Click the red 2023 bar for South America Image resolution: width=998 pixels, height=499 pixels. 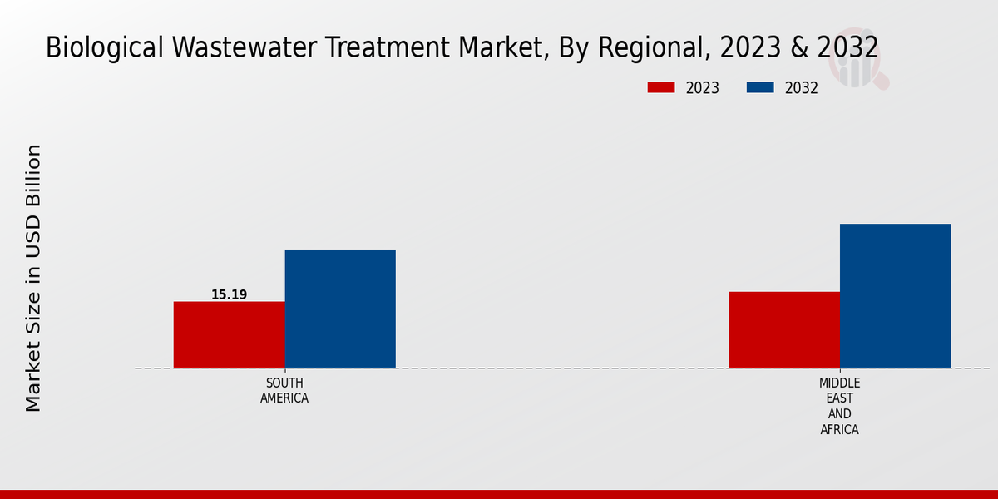pyautogui.click(x=229, y=334)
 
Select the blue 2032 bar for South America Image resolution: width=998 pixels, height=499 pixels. pyautogui.click(x=340, y=309)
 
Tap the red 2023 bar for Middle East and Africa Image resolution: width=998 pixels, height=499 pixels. pyautogui.click(x=784, y=329)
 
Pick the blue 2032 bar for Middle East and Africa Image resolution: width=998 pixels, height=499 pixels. pyautogui.click(x=895, y=295)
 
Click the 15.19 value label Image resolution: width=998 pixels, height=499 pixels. pyautogui.click(x=229, y=295)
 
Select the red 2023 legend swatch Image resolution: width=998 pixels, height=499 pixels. pyautogui.click(x=661, y=88)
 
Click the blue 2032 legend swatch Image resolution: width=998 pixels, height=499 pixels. pyautogui.click(x=760, y=88)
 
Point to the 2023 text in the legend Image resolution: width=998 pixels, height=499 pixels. pyautogui.click(x=703, y=88)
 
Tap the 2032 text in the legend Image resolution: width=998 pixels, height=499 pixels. pyautogui.click(x=802, y=88)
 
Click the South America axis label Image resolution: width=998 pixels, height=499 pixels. pyautogui.click(x=284, y=391)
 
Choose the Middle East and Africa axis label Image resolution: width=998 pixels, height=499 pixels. pyautogui.click(x=839, y=406)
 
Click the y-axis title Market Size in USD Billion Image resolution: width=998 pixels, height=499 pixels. pyautogui.click(x=33, y=278)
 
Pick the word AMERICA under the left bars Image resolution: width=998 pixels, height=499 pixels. pyautogui.click(x=284, y=398)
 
